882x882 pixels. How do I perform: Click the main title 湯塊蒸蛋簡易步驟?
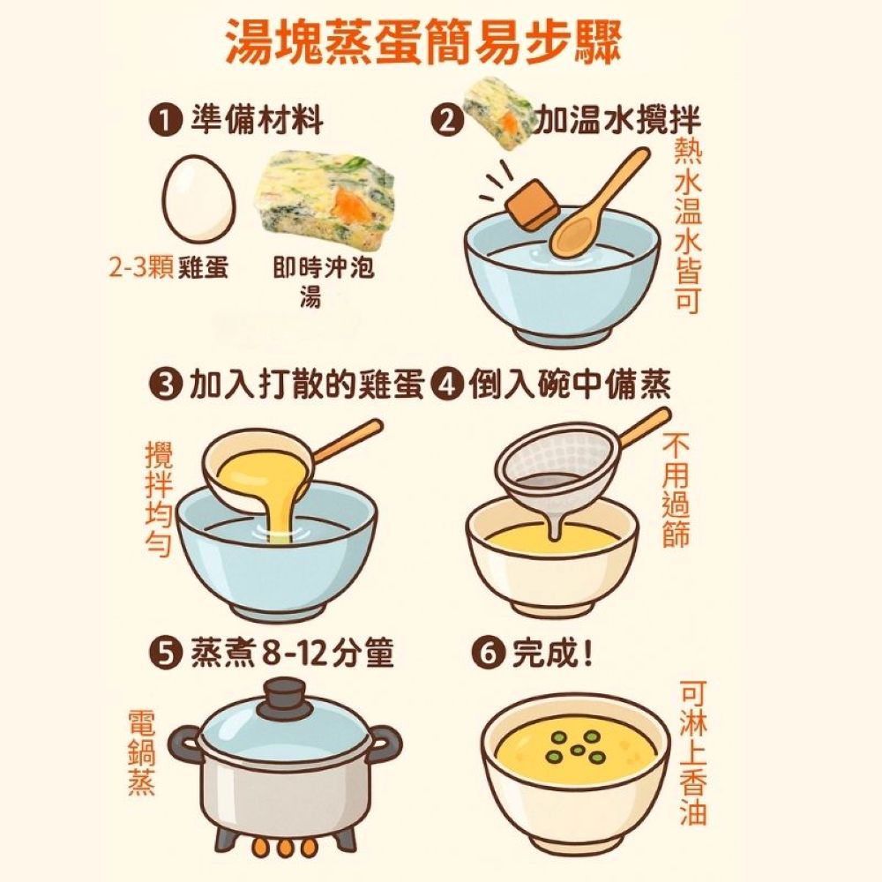(423, 43)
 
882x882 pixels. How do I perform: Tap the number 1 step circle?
(166, 121)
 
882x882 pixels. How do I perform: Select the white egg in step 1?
(198, 198)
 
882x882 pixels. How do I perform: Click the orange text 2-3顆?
(141, 268)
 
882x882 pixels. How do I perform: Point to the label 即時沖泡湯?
(323, 282)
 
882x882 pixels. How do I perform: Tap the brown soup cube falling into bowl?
(533, 205)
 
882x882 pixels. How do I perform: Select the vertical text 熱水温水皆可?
(688, 225)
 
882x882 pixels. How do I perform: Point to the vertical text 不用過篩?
(675, 490)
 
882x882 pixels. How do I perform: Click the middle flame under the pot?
(285, 848)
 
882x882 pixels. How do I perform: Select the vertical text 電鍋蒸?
(141, 752)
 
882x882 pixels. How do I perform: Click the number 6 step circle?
(487, 654)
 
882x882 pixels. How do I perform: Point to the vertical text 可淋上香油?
(692, 752)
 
